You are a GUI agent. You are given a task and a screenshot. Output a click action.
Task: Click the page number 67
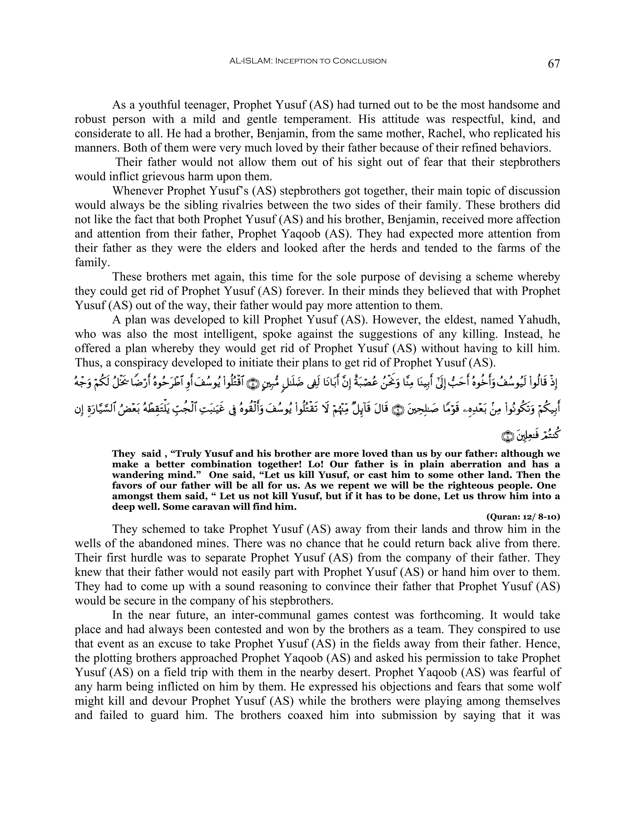(554, 64)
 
